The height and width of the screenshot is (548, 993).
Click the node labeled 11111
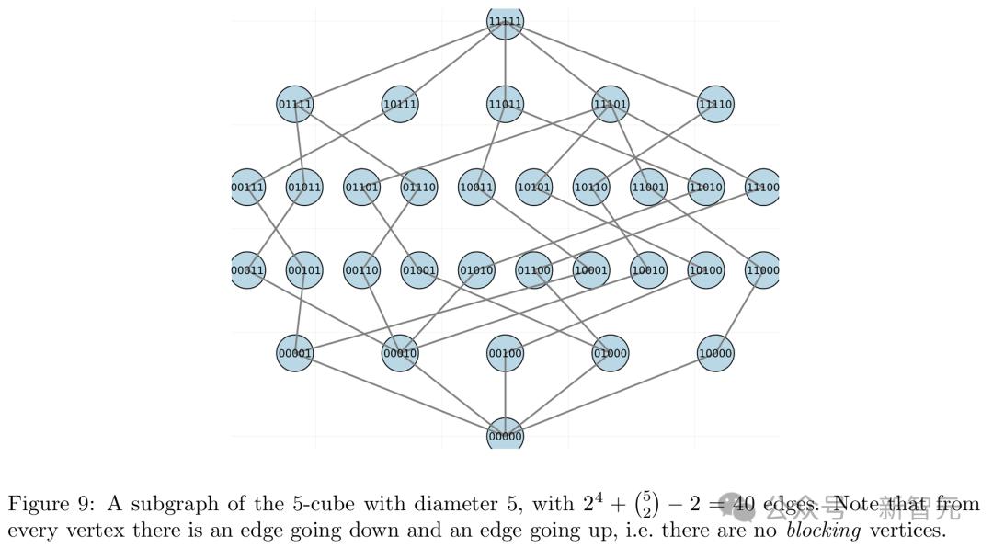(505, 22)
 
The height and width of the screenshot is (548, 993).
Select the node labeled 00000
(505, 435)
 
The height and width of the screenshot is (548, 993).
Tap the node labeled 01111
(295, 104)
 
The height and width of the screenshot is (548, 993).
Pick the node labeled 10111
(400, 104)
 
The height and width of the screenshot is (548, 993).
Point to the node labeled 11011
(505, 104)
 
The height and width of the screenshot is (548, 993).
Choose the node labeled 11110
(715, 104)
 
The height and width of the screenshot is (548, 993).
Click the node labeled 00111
(247, 188)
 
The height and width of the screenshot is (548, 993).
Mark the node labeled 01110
(419, 188)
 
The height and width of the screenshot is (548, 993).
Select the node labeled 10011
(476, 188)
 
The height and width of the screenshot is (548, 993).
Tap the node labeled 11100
(762, 188)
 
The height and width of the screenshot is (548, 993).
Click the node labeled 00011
(247, 270)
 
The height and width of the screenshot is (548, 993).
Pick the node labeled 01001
(419, 270)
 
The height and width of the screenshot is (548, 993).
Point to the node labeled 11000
(762, 270)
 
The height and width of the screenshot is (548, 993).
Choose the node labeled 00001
(295, 353)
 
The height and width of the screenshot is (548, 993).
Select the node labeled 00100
(505, 353)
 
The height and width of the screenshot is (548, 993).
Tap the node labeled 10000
(715, 353)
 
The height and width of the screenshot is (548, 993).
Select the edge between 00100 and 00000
(505, 394)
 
